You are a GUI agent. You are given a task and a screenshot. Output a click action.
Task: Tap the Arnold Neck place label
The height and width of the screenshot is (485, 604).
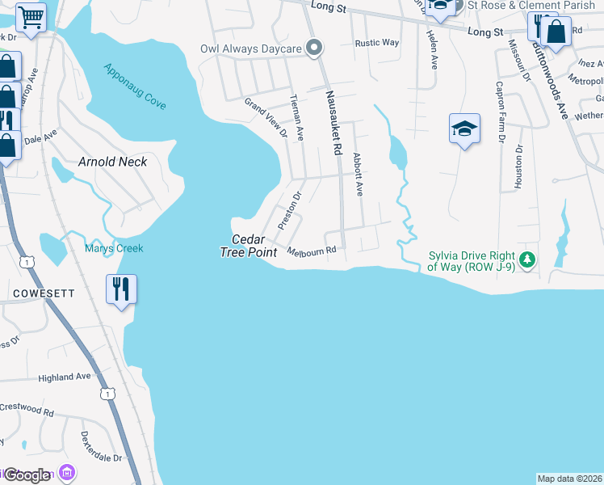(x=112, y=162)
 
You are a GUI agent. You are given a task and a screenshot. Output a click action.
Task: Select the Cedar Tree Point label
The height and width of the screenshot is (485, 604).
(x=248, y=246)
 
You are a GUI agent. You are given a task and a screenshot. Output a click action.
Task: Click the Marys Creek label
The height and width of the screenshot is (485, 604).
(x=114, y=248)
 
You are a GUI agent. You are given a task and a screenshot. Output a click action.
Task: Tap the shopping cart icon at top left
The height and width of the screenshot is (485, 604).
(x=31, y=15)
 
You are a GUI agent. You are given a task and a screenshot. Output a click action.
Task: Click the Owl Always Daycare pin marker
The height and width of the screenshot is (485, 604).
(x=316, y=48)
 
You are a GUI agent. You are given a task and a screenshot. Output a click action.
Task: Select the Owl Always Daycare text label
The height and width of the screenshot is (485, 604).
(x=251, y=49)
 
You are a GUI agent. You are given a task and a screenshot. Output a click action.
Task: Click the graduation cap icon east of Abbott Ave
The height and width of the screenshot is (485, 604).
(x=464, y=129)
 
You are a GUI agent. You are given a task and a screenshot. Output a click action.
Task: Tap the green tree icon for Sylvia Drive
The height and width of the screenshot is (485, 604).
(x=527, y=259)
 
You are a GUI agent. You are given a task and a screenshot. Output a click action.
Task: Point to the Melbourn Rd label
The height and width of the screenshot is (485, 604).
(x=311, y=251)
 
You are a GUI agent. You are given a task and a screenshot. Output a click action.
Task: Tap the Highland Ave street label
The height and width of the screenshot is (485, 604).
(x=65, y=377)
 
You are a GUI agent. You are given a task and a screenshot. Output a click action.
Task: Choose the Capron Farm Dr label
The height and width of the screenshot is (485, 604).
(x=500, y=112)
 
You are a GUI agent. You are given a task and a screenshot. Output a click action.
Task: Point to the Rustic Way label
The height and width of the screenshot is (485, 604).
(x=377, y=43)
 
